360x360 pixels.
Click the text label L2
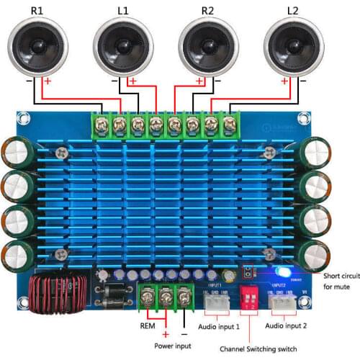tap(292, 9)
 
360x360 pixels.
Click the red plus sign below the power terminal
tap(165, 334)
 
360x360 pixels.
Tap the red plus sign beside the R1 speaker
tap(49, 81)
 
